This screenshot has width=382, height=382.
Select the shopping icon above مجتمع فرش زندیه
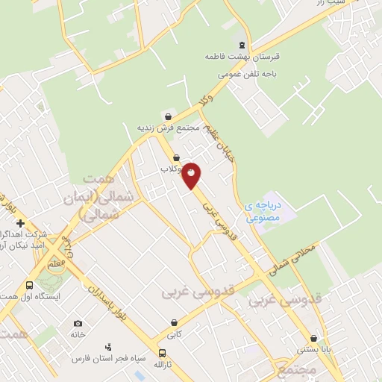click(x=169, y=116)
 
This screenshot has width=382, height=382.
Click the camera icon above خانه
click(x=78, y=324)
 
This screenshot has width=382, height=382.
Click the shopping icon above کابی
click(x=174, y=323)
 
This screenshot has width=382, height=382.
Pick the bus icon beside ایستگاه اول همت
click(x=29, y=286)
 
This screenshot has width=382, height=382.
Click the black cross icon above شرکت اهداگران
click(x=21, y=223)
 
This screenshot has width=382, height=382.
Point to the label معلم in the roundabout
click(x=58, y=263)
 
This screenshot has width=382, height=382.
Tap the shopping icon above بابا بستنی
click(x=324, y=337)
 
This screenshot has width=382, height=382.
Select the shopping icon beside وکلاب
click(x=176, y=158)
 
